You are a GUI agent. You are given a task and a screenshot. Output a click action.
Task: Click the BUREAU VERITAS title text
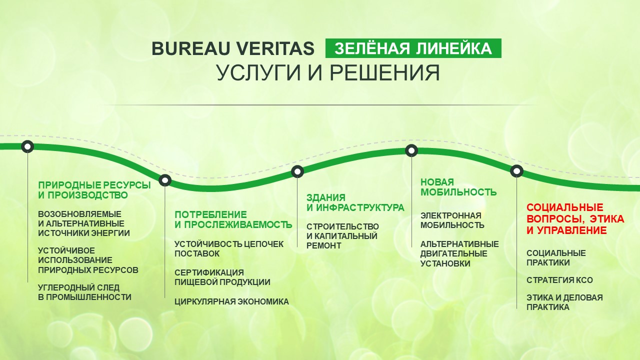tap(233, 48)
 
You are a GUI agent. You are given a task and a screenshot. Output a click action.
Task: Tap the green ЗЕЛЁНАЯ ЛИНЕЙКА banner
tap(413, 48)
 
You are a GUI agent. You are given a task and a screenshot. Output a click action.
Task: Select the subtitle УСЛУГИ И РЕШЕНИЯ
tap(328, 72)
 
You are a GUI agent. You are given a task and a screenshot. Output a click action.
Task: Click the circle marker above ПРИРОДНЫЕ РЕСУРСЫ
tap(27, 146)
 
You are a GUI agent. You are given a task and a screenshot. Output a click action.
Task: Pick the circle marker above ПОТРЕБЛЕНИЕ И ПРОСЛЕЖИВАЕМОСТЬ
tap(165, 180)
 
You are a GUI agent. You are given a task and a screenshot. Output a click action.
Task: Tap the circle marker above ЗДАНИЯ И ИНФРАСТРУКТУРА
tap(297, 171)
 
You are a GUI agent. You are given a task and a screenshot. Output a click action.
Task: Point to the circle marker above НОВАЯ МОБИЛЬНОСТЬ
tap(411, 150)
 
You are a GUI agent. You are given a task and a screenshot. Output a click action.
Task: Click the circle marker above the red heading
tap(516, 171)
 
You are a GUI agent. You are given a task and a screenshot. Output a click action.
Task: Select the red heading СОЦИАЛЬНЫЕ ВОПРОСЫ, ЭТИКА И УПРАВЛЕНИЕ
tap(575, 219)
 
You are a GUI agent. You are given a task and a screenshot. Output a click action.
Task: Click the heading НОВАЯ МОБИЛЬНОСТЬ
tap(458, 187)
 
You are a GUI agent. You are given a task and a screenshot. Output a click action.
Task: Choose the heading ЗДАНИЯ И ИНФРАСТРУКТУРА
tap(355, 202)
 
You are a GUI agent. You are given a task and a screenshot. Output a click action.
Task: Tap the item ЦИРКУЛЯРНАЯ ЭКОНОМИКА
tap(231, 301)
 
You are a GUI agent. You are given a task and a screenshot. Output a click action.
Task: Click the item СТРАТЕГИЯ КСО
tap(559, 280)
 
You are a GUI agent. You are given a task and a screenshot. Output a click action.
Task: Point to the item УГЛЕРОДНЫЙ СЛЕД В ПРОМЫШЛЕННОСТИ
tap(84, 292)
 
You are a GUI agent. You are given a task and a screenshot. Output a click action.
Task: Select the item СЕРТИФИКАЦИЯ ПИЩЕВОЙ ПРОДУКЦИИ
tap(222, 277)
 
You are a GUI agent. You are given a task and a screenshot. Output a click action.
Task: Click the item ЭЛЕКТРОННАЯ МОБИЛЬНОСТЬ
tap(452, 220)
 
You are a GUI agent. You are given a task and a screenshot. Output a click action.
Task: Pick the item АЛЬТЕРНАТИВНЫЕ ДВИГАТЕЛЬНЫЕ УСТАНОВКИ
tap(459, 253)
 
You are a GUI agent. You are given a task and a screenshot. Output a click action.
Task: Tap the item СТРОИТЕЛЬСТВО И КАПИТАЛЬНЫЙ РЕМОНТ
tap(342, 236)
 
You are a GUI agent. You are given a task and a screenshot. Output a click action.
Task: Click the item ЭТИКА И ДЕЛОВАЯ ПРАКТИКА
tap(564, 302)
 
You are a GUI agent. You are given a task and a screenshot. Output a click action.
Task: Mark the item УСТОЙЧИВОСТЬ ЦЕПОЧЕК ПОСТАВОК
tap(229, 249)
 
